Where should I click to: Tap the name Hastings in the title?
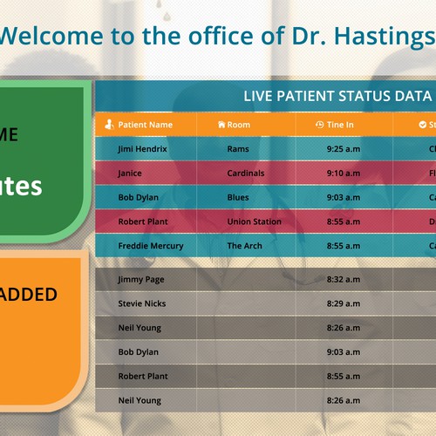click(392, 37)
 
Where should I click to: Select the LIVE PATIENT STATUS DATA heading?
click(337, 96)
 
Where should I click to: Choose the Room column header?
click(238, 125)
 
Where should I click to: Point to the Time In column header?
click(340, 125)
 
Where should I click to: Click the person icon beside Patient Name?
click(109, 125)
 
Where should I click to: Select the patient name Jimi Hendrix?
click(142, 149)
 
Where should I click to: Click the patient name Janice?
click(130, 174)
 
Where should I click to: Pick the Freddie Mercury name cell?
click(150, 247)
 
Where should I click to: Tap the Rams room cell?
click(237, 149)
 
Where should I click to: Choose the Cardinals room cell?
click(245, 174)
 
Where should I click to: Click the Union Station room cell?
click(254, 222)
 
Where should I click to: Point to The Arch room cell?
click(244, 247)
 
